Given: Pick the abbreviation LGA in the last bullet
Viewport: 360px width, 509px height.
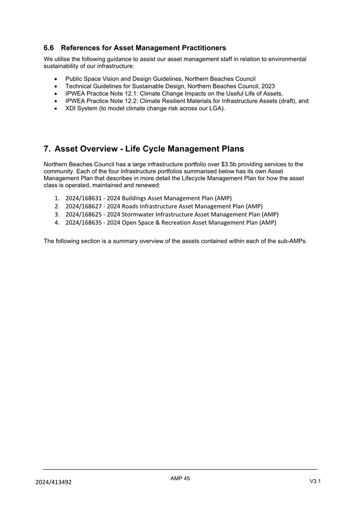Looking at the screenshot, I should [216, 108].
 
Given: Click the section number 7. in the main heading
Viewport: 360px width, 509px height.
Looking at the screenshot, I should [47, 149].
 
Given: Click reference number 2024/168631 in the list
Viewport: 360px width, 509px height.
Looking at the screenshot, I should [84, 198].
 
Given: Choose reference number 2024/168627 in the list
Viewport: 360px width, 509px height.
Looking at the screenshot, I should [84, 206].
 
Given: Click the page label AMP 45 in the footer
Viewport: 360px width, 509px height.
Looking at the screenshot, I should [180, 479].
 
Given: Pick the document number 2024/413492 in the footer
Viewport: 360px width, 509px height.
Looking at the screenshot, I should [53, 482].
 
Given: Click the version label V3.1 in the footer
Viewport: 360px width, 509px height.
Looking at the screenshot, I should [315, 481].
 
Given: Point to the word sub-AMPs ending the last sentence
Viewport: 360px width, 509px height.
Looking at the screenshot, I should [292, 241].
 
